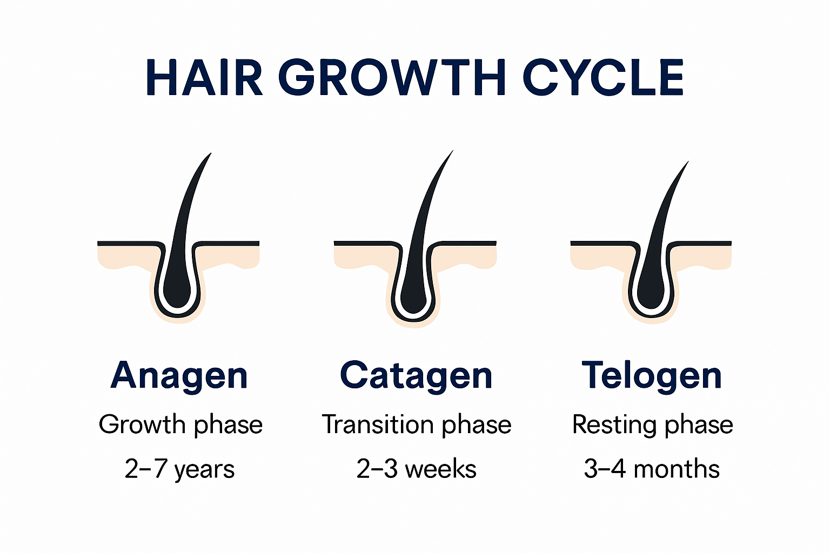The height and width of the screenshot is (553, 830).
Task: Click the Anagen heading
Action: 179,376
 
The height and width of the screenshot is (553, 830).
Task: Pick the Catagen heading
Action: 416,376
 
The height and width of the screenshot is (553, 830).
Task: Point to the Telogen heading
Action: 652,376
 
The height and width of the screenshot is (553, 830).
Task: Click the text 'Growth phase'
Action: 180,425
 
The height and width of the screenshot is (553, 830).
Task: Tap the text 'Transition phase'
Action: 416,425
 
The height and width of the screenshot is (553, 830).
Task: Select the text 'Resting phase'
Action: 652,425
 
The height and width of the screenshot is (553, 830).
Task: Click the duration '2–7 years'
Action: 179,469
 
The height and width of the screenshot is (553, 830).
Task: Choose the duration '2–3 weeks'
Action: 416,469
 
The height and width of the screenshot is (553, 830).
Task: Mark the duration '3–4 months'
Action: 652,469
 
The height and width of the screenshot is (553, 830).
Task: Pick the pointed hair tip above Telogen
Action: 686,164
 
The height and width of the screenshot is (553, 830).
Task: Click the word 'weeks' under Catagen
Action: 440,469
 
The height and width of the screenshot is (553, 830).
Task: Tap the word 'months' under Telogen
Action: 677,469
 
